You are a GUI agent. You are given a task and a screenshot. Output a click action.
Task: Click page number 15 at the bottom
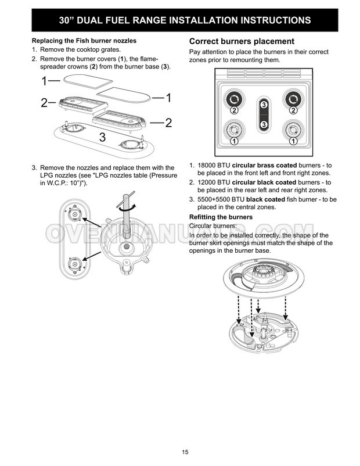coord(185,452)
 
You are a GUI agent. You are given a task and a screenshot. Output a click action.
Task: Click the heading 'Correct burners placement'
coord(242,41)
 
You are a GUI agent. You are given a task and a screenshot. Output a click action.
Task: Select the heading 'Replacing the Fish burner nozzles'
coord(84,41)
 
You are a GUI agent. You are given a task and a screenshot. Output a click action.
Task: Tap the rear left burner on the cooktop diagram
coord(235,99)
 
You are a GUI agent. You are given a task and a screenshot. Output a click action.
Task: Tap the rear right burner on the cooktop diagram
coord(293,99)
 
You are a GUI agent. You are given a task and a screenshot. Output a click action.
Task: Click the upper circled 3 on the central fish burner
coord(264,105)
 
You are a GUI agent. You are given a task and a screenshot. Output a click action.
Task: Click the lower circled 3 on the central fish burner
coord(264,124)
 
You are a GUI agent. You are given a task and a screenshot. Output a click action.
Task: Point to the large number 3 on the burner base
coord(102,137)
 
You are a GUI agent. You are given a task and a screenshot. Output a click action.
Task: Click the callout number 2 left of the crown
coord(44,103)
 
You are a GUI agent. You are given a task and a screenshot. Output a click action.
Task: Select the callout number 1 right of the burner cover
coord(168,98)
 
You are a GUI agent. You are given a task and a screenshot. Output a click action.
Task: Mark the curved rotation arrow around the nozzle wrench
coord(127,208)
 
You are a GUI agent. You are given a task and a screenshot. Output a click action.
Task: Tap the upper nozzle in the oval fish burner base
coord(74,214)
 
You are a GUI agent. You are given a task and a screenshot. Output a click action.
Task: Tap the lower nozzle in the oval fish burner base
coord(74,264)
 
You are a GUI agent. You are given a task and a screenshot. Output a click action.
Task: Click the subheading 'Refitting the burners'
coord(221,217)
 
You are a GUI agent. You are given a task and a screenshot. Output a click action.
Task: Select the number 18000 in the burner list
coord(207,165)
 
